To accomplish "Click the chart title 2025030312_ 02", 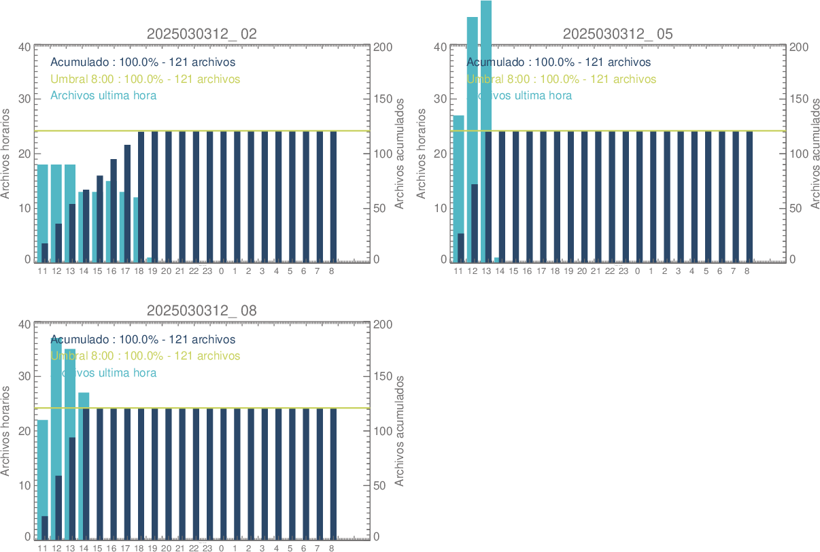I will [x=202, y=34].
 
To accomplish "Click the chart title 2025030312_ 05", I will [x=618, y=34].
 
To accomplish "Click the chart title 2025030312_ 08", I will [x=202, y=311].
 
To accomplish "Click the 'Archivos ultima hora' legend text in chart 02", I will [x=103, y=96].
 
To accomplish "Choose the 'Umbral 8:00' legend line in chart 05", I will [x=561, y=80].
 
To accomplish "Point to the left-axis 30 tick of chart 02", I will [x=24, y=99].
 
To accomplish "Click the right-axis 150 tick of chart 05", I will [x=798, y=99].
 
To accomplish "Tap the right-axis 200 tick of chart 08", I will [x=382, y=324].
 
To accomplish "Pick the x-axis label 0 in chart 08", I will [x=221, y=549].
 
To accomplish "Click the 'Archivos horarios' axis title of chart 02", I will [x=6, y=153].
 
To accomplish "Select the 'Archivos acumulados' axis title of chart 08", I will [x=400, y=430].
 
